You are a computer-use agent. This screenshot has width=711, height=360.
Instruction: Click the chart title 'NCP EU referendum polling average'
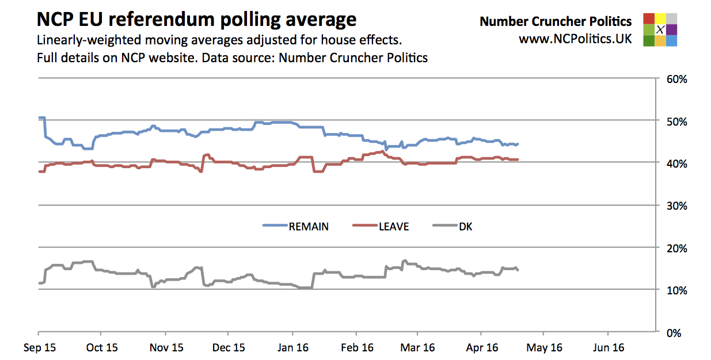pyautogui.click(x=196, y=20)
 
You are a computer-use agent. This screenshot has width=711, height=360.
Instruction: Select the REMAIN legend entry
pyautogui.click(x=296, y=226)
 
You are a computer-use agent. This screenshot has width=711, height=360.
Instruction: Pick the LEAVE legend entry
pyautogui.click(x=381, y=226)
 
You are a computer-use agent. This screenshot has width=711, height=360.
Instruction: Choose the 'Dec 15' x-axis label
pyautogui.click(x=228, y=347)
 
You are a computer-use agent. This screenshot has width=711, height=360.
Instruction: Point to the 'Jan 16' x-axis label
pyautogui.click(x=292, y=347)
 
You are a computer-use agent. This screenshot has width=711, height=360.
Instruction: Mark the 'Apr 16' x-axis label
pyautogui.click(x=481, y=347)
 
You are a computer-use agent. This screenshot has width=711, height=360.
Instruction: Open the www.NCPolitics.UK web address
pyautogui.click(x=575, y=39)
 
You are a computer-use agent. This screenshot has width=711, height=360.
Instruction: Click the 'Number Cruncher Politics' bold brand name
pyautogui.click(x=556, y=22)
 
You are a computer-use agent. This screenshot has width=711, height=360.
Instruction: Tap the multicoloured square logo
pyautogui.click(x=660, y=29)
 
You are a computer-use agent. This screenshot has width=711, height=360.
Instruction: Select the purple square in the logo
pyautogui.click(x=671, y=29)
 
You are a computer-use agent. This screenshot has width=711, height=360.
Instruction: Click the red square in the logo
pyautogui.click(x=649, y=18)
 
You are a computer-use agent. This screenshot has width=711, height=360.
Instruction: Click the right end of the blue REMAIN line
pyautogui.click(x=518, y=143)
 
